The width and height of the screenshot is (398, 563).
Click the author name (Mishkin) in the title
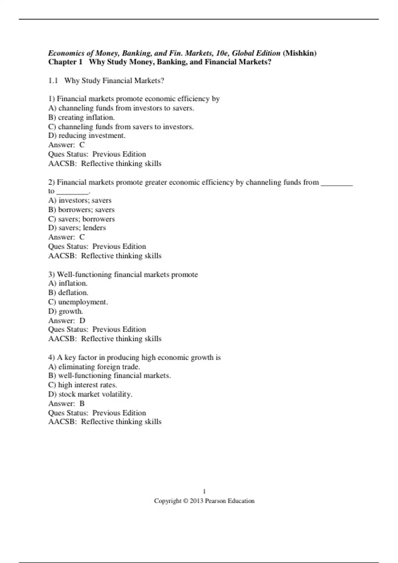point(299,53)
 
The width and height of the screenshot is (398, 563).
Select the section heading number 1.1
point(53,80)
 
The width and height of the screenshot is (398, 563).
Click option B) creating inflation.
point(82,117)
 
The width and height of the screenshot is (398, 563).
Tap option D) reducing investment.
point(87,135)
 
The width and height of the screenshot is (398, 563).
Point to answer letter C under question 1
point(82,145)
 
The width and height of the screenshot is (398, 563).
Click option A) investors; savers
point(80,200)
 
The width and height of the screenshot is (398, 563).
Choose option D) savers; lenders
point(77,228)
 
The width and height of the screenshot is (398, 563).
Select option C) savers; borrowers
point(82,219)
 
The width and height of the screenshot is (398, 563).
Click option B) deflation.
point(68,292)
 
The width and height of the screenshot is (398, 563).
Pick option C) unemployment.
point(78,302)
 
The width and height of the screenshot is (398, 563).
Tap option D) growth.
point(66,311)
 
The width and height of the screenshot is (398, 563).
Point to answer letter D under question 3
point(82,321)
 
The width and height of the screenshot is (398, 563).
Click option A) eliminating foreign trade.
point(94,367)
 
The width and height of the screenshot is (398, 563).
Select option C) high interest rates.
point(83,385)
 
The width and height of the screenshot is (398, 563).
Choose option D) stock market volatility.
point(90,394)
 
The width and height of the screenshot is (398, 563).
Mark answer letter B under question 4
point(82,403)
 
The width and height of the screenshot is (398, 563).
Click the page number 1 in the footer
point(204,491)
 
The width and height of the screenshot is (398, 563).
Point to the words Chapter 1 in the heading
point(65,62)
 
